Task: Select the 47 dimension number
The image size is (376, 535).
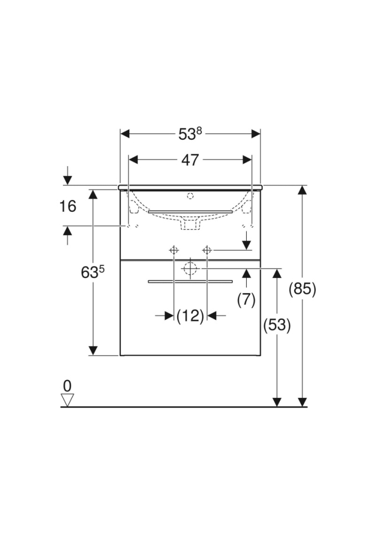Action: click(190, 160)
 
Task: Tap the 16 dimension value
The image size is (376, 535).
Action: click(67, 206)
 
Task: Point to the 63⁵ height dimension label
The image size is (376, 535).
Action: click(92, 272)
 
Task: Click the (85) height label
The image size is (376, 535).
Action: click(302, 289)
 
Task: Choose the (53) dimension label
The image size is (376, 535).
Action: click(277, 325)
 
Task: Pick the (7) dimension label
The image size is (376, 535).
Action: click(246, 300)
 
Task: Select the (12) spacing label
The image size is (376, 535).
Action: click(191, 315)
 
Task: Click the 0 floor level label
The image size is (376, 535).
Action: click(67, 386)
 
